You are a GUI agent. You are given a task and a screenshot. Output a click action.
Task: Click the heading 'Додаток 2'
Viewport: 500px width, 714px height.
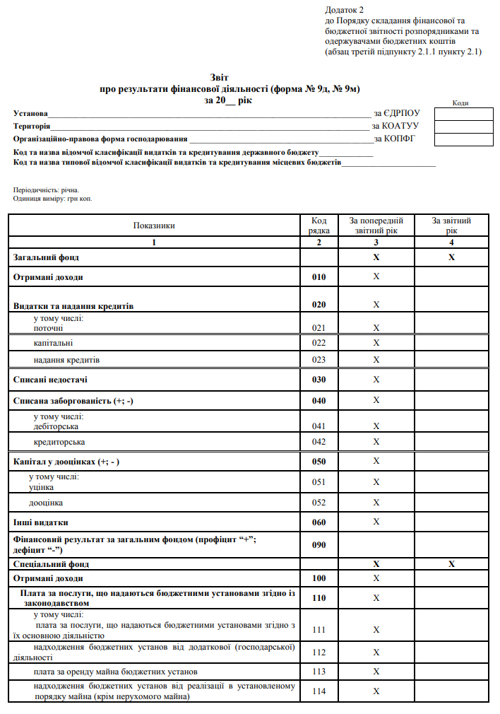[344, 10]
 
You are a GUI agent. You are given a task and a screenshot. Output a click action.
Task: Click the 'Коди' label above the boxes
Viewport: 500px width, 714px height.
[460, 103]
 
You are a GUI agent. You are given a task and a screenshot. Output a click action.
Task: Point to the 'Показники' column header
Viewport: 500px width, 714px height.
[153, 226]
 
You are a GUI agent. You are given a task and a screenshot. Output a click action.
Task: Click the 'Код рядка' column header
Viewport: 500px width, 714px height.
[319, 226]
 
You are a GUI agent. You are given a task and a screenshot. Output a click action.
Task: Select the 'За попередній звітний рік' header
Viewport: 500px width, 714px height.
[376, 226]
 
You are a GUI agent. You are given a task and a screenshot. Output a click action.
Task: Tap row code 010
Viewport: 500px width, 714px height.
[319, 277]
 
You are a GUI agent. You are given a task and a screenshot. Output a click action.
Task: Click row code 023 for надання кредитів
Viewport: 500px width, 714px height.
[319, 360]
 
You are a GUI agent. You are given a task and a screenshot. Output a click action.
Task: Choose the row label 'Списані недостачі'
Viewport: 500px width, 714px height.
[51, 380]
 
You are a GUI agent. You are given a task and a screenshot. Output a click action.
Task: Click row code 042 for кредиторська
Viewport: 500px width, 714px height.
[319, 442]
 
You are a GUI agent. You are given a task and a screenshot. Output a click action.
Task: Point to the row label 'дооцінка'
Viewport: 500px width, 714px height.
[46, 503]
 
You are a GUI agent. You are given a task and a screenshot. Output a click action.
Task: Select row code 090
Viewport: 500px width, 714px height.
[319, 545]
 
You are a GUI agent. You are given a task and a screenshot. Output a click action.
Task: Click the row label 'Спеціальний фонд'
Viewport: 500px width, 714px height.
[51, 564]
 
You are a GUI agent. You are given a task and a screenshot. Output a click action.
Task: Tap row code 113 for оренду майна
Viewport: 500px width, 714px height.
[319, 671]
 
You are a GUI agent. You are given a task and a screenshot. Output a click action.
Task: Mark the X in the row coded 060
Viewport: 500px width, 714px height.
[376, 522]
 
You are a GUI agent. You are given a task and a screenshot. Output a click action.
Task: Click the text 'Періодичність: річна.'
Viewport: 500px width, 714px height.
[47, 190]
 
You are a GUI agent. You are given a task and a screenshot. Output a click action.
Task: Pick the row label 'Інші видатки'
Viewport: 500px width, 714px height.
[41, 522]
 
